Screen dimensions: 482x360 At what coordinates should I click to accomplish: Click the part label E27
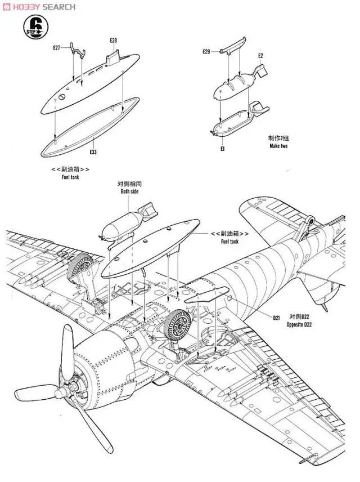(x=56, y=48)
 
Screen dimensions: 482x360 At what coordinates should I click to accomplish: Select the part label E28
(x=114, y=41)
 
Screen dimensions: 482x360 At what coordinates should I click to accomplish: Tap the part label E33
(x=93, y=152)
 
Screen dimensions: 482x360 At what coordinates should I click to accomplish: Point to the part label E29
(x=206, y=52)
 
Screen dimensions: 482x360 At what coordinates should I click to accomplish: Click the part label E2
(x=260, y=56)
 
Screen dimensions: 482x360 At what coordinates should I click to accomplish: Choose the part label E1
(x=223, y=149)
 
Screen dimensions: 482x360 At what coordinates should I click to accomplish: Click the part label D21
(x=277, y=318)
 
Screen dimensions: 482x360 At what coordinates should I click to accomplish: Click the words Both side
(x=129, y=191)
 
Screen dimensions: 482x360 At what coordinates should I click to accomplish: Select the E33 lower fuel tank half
(x=90, y=127)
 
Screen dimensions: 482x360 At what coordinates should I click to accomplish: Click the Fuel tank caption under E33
(x=71, y=177)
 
